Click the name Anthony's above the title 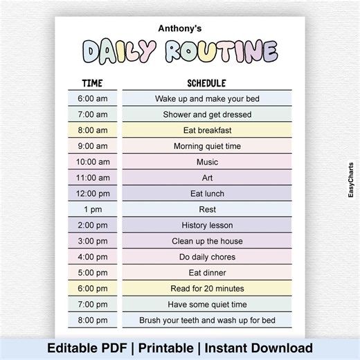[x=179, y=28]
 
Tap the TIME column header [x=92, y=83]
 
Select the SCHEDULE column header [x=207, y=83]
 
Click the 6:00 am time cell [x=92, y=99]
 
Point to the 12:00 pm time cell [x=92, y=194]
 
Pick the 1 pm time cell [x=92, y=209]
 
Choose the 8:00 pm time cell [x=92, y=320]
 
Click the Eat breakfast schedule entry [x=207, y=130]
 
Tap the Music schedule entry [x=207, y=162]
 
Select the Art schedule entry [x=207, y=178]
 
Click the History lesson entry [x=207, y=225]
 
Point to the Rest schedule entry [x=207, y=209]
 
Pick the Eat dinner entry [x=207, y=273]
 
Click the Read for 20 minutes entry [x=207, y=289]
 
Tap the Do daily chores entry [x=207, y=257]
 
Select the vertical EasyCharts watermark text [x=350, y=179]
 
